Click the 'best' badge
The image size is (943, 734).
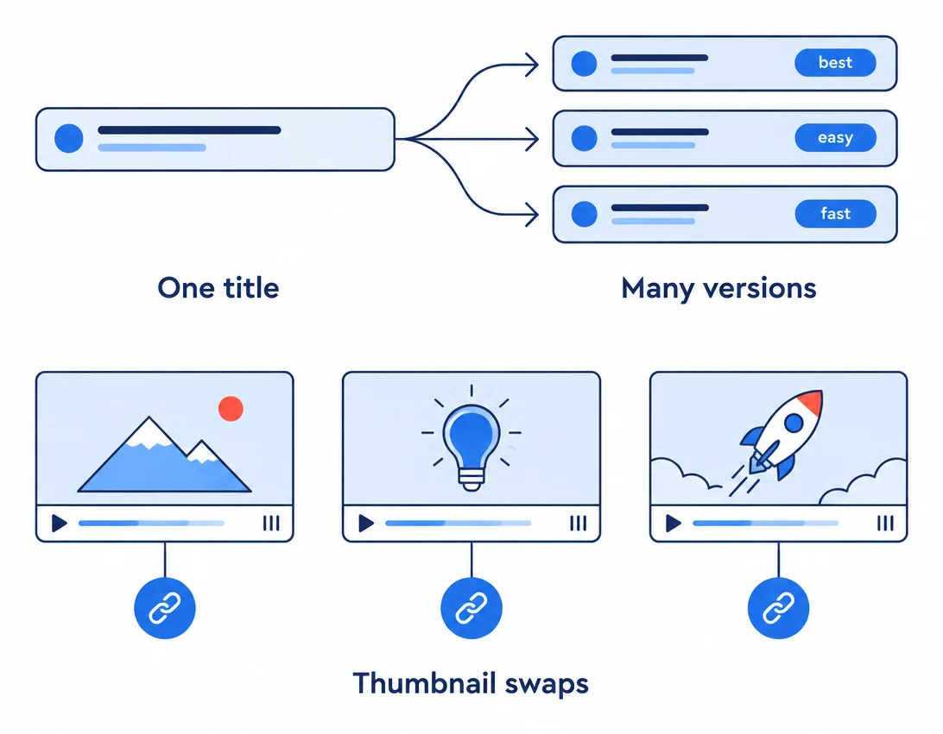[835, 62]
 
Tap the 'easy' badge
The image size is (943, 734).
[835, 137]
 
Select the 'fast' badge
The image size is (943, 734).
[835, 213]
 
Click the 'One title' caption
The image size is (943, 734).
[218, 288]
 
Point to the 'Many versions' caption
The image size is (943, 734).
[718, 288]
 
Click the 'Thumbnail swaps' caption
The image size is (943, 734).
[471, 684]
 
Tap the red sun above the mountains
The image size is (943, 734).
[231, 409]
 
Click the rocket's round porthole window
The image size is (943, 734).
[794, 423]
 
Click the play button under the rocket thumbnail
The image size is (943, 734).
[673, 524]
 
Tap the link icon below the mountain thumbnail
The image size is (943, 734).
[165, 608]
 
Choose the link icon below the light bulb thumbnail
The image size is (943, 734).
[471, 608]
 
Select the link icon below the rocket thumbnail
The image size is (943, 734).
[778, 608]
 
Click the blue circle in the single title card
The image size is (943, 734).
[68, 139]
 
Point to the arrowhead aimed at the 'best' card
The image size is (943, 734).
[532, 65]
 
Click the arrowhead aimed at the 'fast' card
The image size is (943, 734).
[532, 215]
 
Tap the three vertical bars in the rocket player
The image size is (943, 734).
[885, 524]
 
